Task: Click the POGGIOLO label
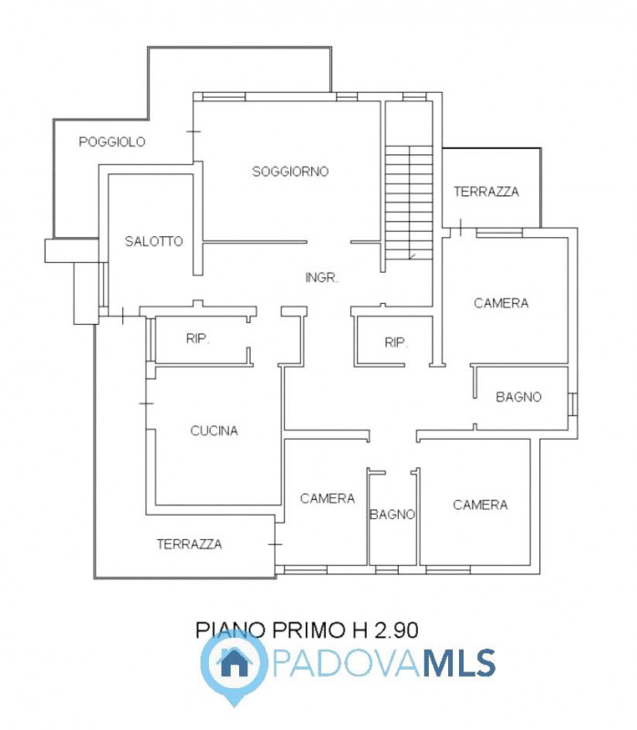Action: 111,141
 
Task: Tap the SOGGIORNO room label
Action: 290,172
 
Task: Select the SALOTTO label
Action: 153,241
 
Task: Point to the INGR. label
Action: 322,277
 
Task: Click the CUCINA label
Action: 214,431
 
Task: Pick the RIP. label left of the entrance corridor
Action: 197,339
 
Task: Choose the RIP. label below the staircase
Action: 396,343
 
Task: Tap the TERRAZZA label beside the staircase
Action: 486,192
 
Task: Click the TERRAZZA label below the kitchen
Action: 189,544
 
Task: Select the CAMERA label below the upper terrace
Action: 501,303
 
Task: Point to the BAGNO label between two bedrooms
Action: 392,515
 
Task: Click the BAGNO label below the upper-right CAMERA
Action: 518,397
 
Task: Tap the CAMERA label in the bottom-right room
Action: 480,505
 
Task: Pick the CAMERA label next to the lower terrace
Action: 328,498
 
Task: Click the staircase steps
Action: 409,203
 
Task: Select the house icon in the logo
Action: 235,663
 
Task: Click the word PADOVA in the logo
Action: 345,663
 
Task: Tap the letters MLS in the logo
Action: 459,663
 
